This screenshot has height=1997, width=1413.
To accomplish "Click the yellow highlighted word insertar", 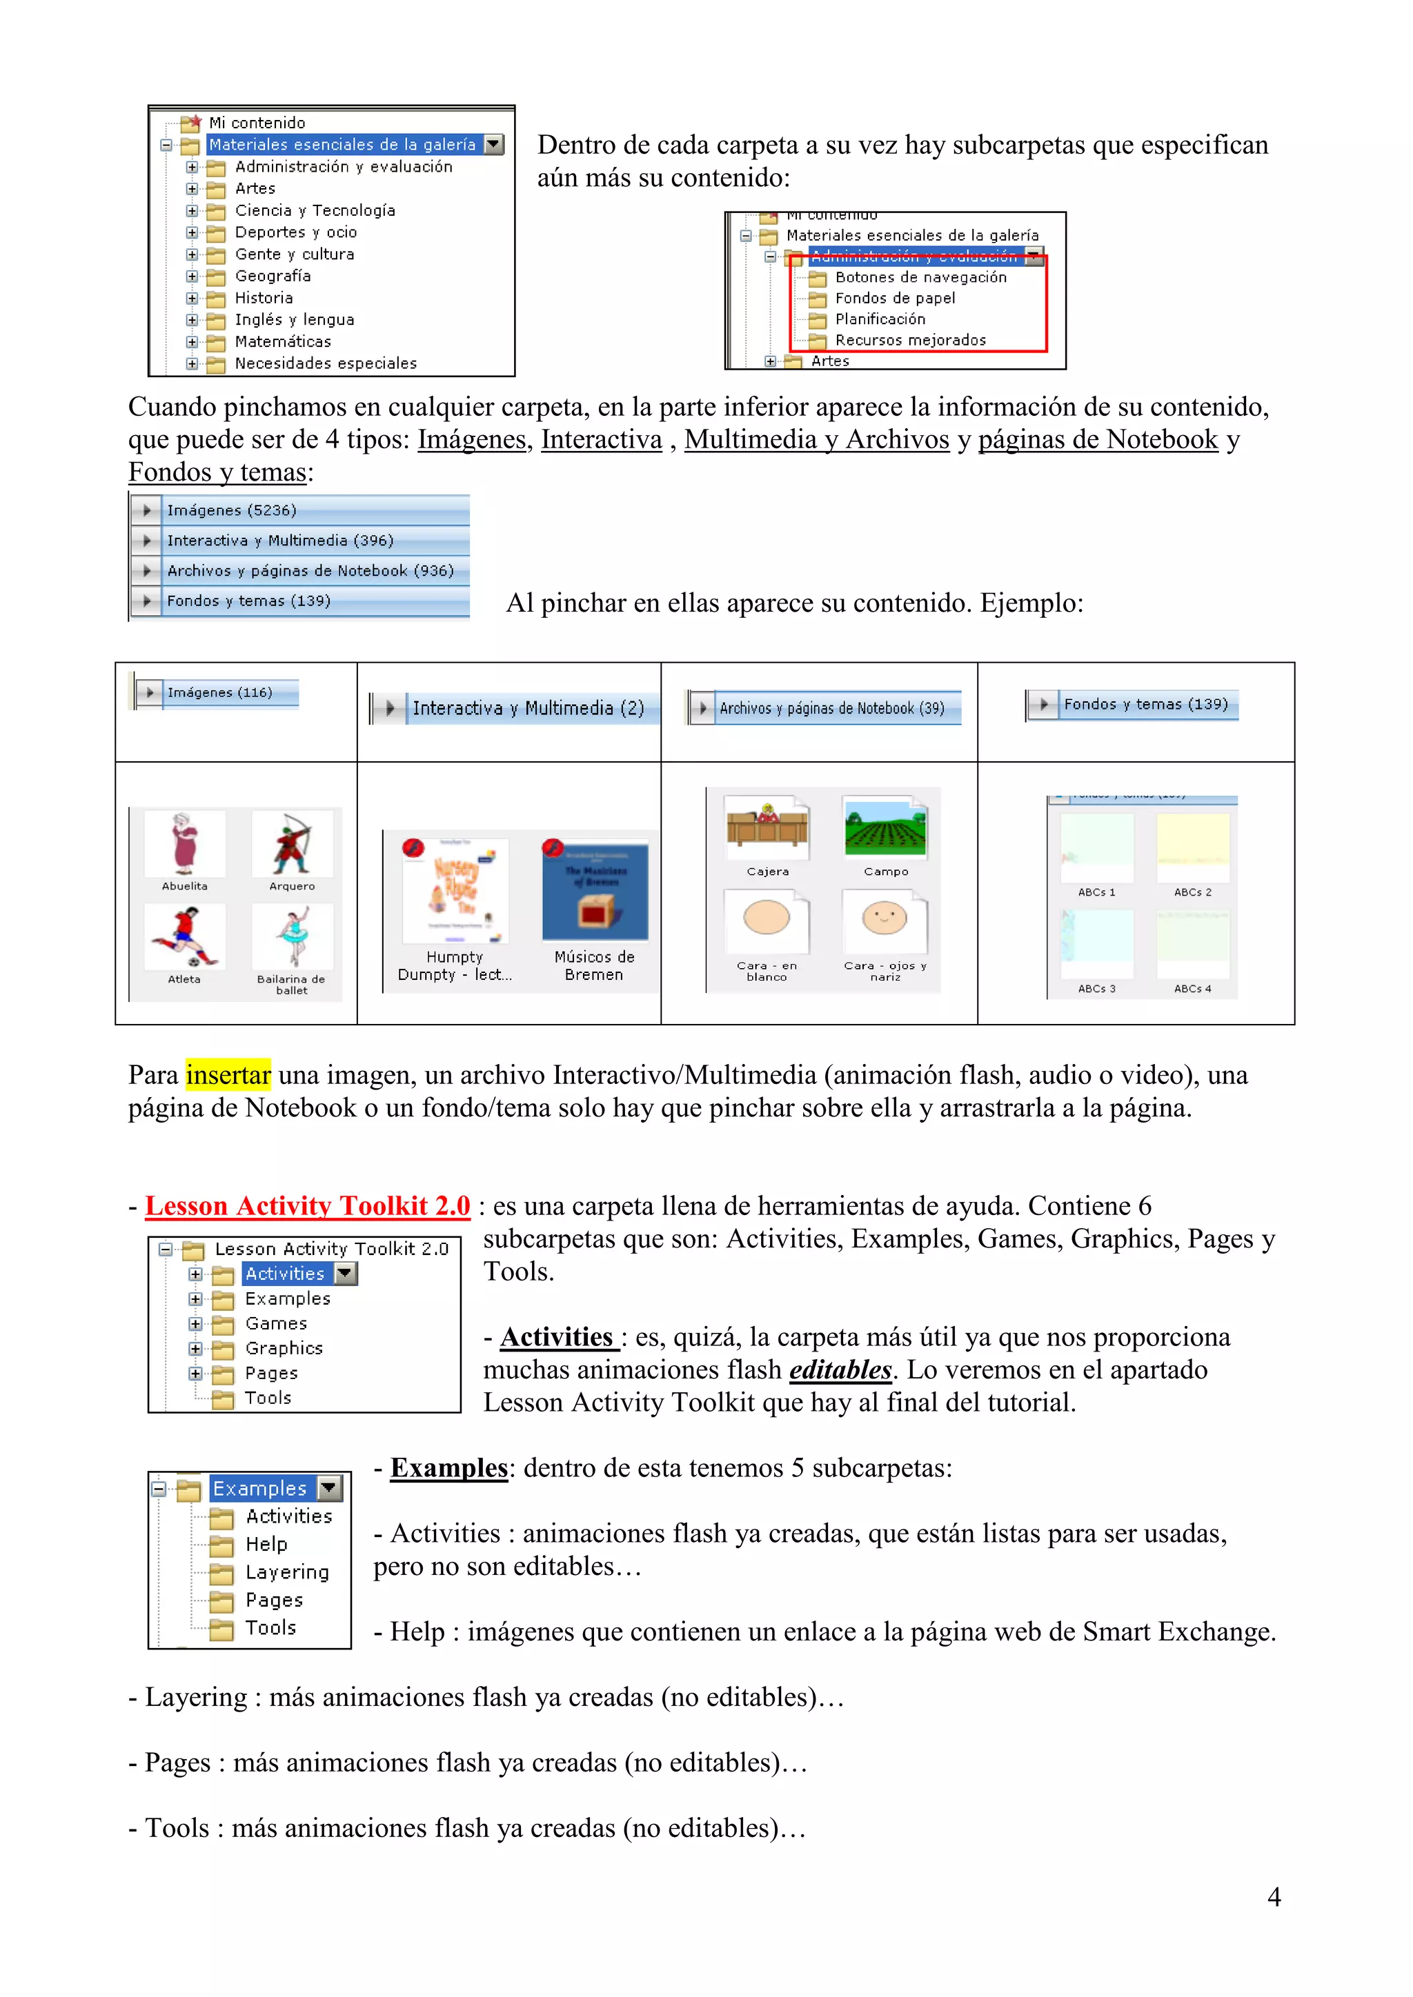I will point(228,1075).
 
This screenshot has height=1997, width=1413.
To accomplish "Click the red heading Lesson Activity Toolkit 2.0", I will point(307,1205).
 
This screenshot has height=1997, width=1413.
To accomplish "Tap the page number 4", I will point(1274,1897).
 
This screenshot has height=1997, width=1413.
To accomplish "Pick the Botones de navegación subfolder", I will point(920,277).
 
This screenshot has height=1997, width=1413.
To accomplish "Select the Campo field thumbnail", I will point(885,829).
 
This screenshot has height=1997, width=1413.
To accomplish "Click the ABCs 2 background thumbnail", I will point(1192,848).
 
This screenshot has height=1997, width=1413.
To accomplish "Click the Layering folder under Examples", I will point(286,1572).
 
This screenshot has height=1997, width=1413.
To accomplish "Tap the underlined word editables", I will point(840,1370).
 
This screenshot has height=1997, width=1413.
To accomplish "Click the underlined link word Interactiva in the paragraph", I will point(601,439).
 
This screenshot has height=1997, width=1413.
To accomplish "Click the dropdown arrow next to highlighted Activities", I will point(346,1274).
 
